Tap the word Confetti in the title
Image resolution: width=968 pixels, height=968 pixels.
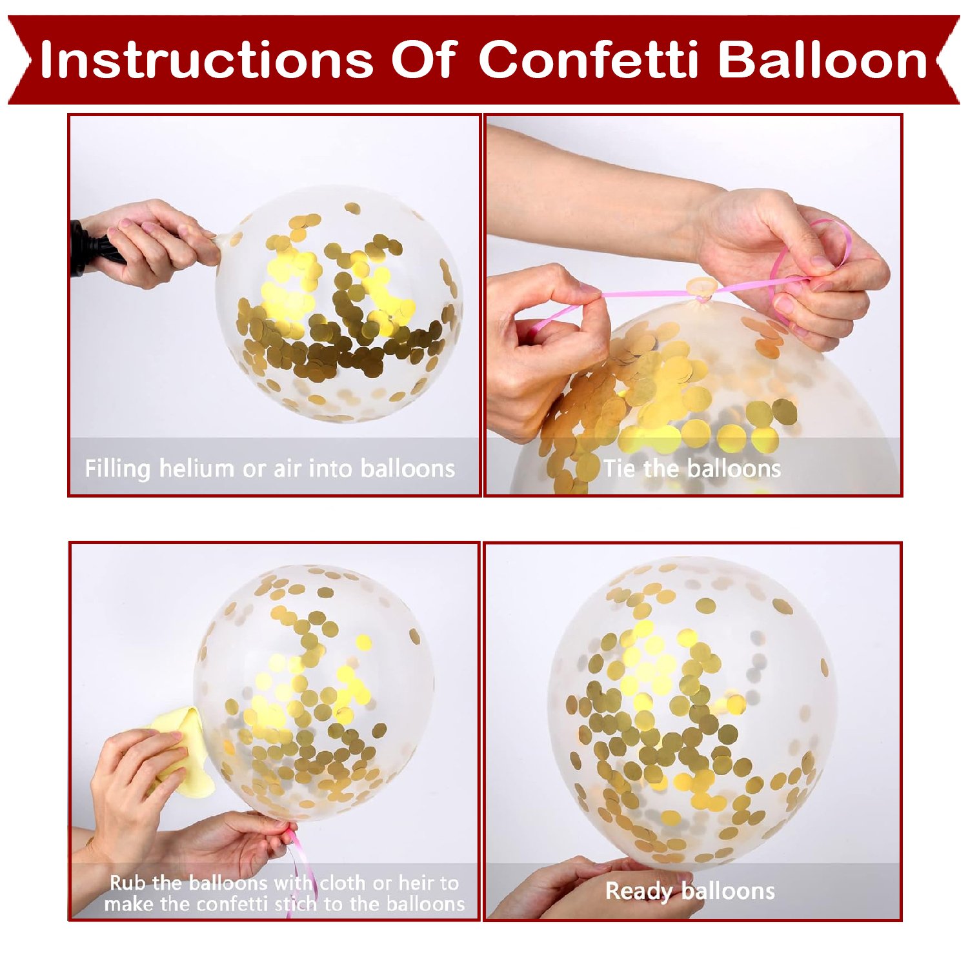589,60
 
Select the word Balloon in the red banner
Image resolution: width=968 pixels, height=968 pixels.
823,60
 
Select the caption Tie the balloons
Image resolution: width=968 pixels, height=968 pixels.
692,469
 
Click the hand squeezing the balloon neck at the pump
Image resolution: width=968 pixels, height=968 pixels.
152,242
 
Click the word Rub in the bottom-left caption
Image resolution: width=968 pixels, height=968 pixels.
128,882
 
